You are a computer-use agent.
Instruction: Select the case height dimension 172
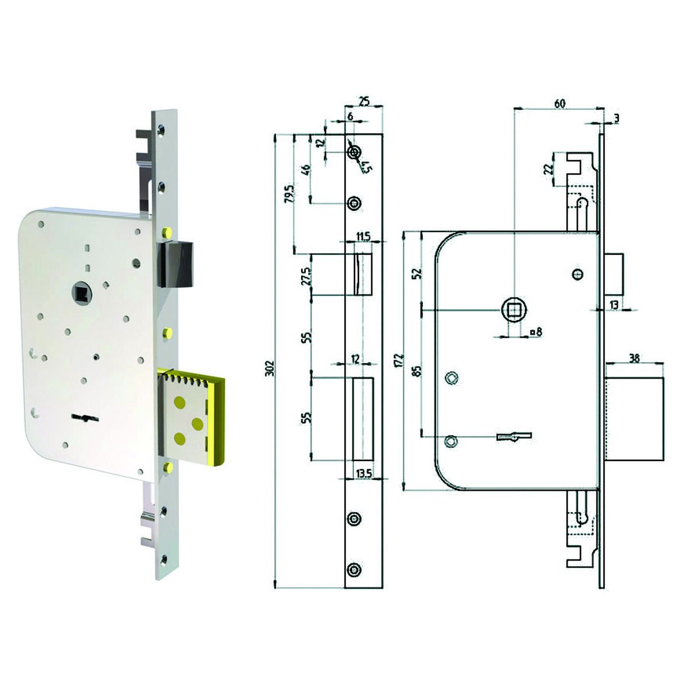399,360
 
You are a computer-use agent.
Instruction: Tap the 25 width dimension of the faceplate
364,100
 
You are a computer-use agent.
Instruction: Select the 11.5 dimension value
363,237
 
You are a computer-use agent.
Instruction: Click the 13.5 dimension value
363,474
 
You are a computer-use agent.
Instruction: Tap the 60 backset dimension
559,103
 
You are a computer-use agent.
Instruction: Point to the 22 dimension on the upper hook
549,169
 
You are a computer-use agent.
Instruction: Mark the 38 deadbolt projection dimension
634,358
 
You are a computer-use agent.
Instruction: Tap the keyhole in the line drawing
513,436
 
